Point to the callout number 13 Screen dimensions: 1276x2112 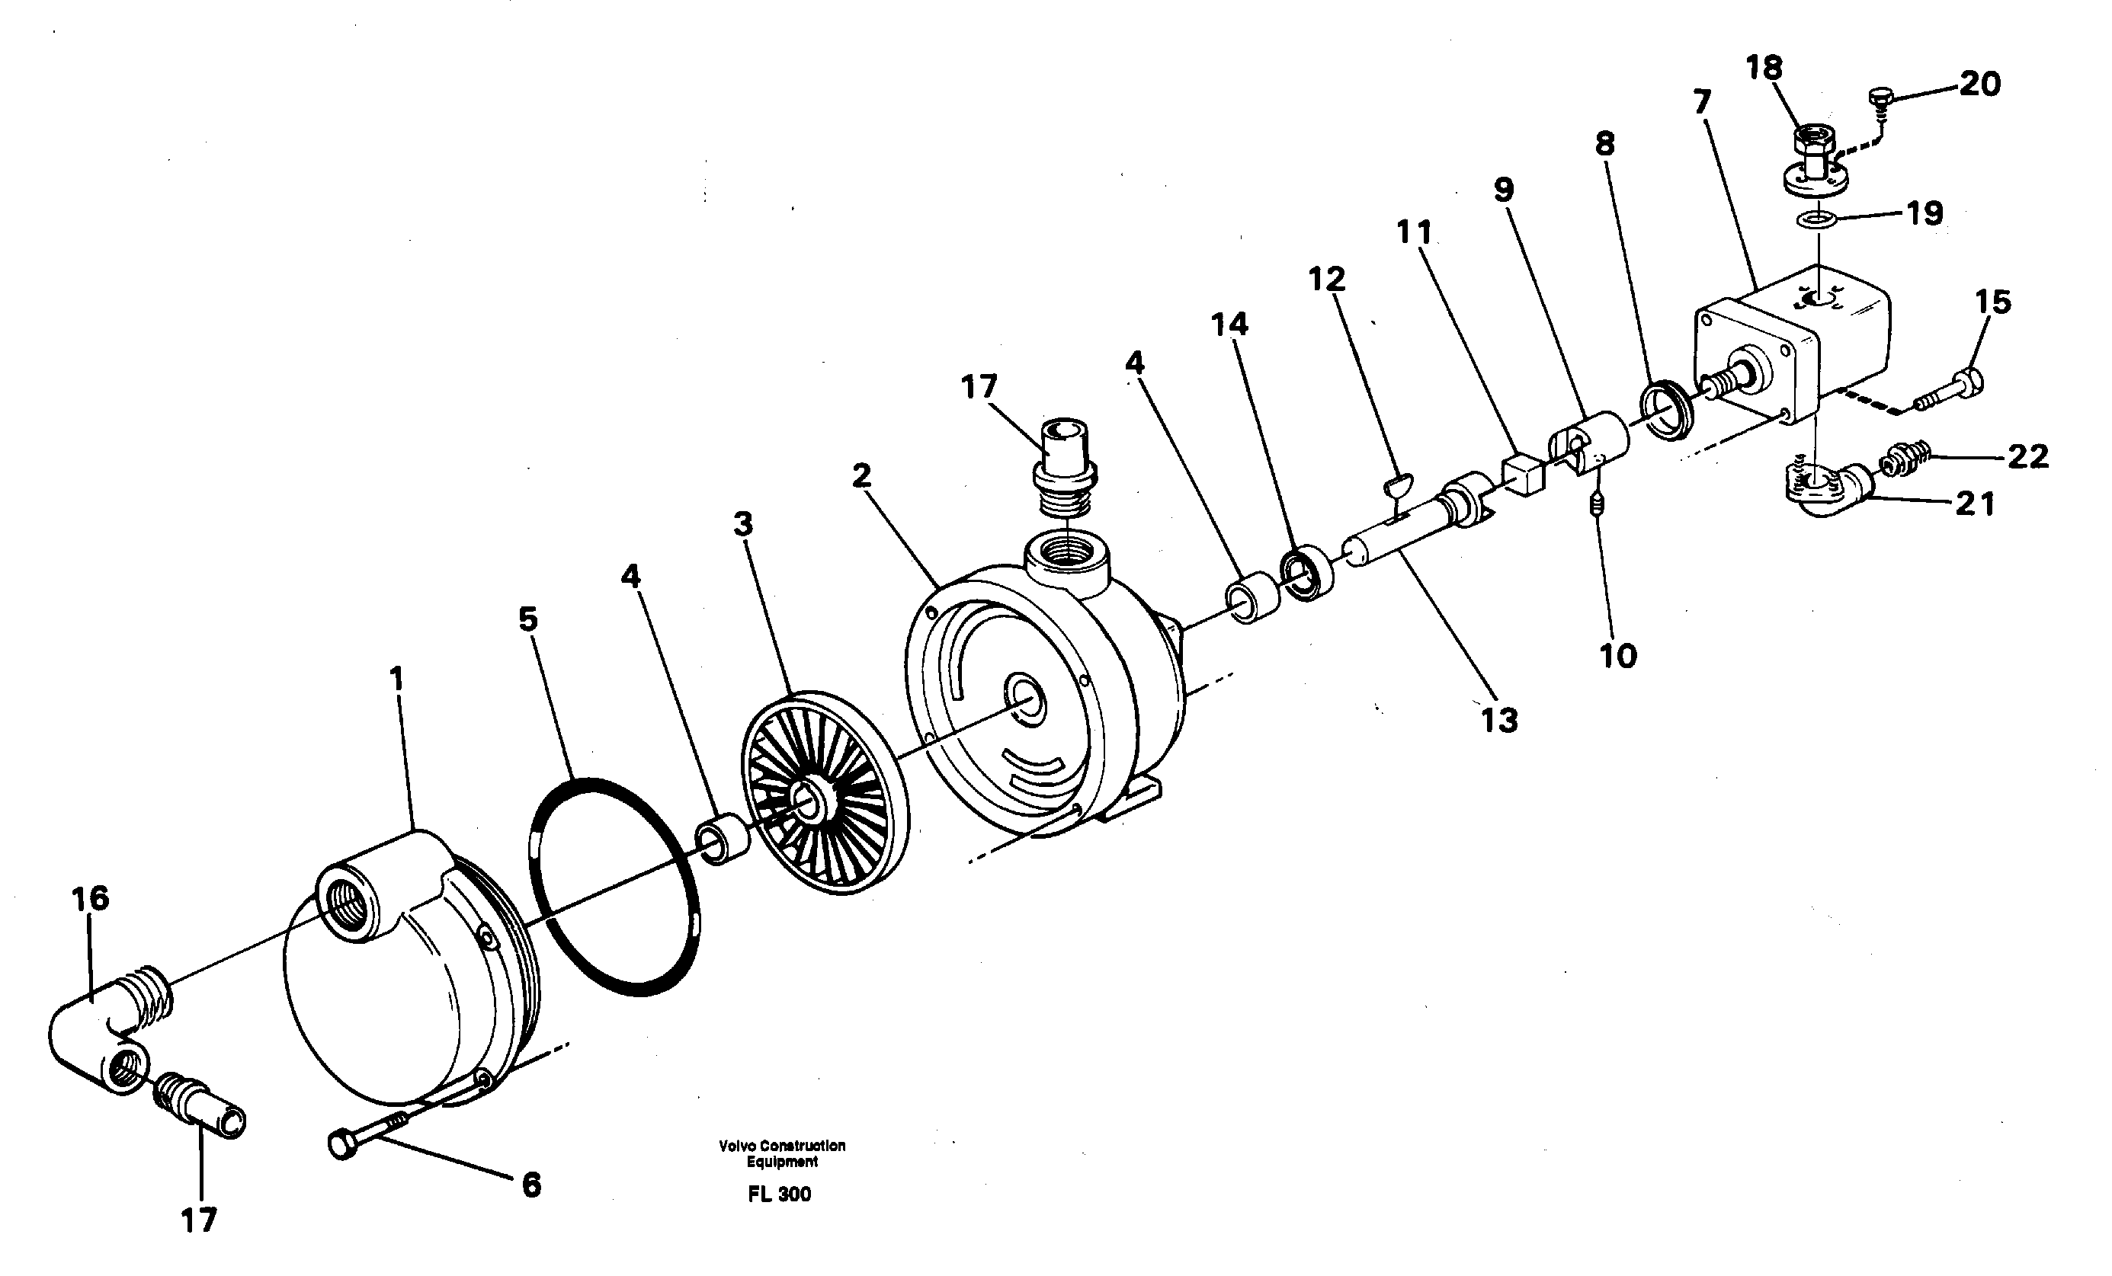1499,721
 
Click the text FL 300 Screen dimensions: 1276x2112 778,1194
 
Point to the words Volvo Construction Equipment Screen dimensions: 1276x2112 782,1153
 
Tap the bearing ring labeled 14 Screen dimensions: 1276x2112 1308,572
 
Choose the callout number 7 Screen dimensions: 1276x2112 1701,103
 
